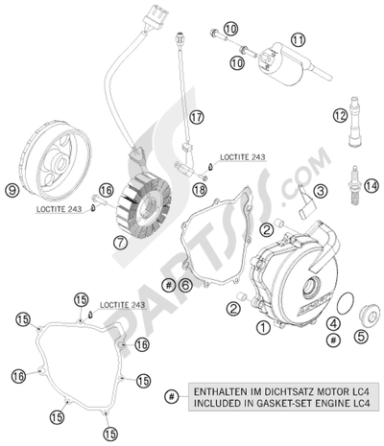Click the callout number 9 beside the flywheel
[x=12, y=190]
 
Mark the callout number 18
[x=199, y=192]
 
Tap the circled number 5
[x=361, y=337]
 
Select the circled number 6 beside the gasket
[x=185, y=285]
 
